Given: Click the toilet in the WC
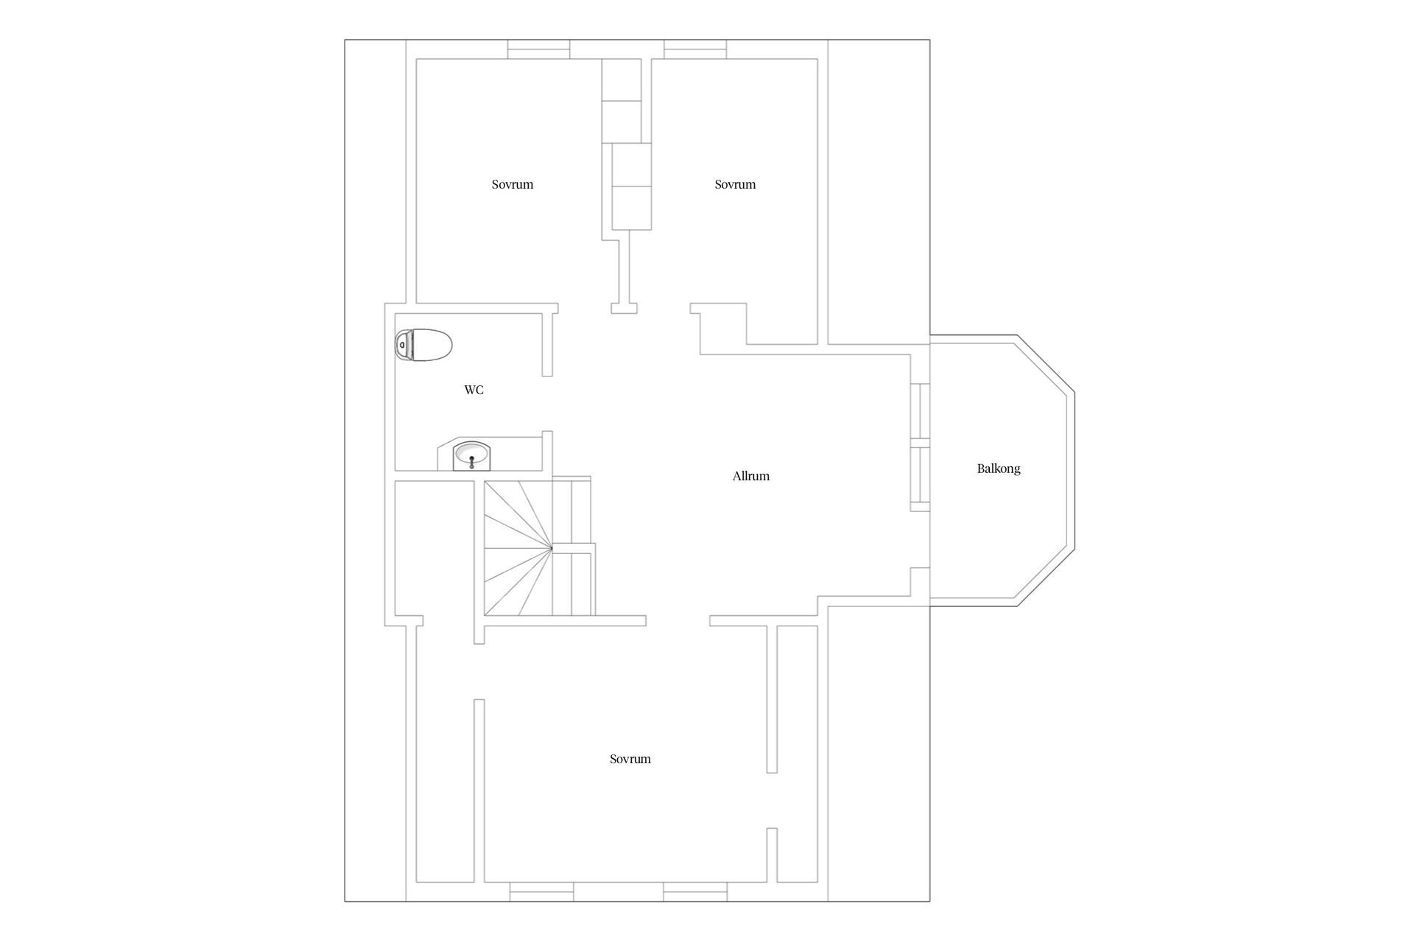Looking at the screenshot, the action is pos(423,345).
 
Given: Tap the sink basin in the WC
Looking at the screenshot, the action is pos(471,455).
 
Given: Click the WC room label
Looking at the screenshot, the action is pos(474,390).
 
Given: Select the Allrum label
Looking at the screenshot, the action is pos(750,476).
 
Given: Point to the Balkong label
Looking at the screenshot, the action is pos(998,469).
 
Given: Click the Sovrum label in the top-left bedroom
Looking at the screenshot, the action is pos(513,184).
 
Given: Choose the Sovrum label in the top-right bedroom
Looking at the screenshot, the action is pos(735,184).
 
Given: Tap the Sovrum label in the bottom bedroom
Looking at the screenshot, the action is pos(630,759).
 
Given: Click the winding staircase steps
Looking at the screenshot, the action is pos(518,548).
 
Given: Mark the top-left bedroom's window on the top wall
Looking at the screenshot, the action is pos(538,49).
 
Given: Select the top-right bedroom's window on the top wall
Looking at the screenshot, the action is pos(695,49).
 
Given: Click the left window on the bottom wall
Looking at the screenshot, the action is pos(541,891).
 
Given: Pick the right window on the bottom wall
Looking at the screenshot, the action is pos(695,891).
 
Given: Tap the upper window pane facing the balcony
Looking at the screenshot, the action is pos(920,411).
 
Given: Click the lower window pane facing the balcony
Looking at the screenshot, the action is pos(920,475).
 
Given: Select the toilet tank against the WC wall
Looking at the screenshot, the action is pos(402,345).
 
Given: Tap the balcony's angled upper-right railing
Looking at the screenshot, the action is pos(1046,364).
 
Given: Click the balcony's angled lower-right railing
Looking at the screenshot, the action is pos(1046,578).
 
